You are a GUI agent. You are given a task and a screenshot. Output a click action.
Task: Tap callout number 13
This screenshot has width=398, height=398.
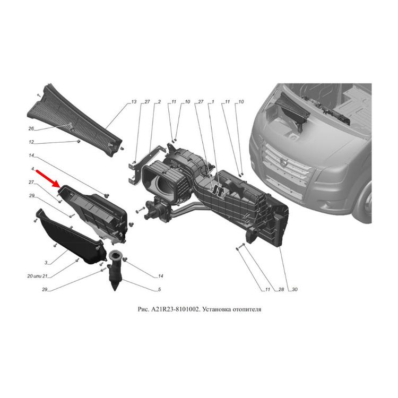tap(134, 102)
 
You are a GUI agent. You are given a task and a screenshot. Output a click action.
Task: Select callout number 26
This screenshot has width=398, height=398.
tap(31, 129)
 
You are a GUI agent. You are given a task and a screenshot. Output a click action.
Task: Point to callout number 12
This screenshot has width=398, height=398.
tap(31, 142)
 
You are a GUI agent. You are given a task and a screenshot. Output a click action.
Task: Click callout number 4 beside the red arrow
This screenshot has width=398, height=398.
tap(32, 169)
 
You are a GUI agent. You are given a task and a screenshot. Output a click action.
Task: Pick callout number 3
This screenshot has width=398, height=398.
tap(46, 263)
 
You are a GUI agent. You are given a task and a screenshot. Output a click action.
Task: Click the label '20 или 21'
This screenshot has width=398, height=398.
tap(37, 276)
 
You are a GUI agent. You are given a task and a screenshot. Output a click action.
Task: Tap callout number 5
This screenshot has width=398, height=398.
tap(159, 289)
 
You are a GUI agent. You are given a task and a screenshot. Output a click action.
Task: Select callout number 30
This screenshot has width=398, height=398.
tap(295, 289)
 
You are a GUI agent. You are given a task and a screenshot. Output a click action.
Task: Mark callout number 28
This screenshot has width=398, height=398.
tap(281, 289)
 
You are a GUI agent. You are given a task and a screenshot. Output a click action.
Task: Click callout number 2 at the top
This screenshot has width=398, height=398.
tap(159, 102)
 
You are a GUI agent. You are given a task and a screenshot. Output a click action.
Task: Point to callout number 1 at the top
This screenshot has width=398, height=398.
tap(213, 102)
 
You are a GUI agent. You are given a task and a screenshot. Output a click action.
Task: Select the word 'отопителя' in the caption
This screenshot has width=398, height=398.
tap(246, 309)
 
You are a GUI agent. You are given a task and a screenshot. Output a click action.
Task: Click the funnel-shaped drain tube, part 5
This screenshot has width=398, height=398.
tap(116, 270)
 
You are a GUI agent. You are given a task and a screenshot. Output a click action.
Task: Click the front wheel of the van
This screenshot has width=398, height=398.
tap(366, 205)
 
